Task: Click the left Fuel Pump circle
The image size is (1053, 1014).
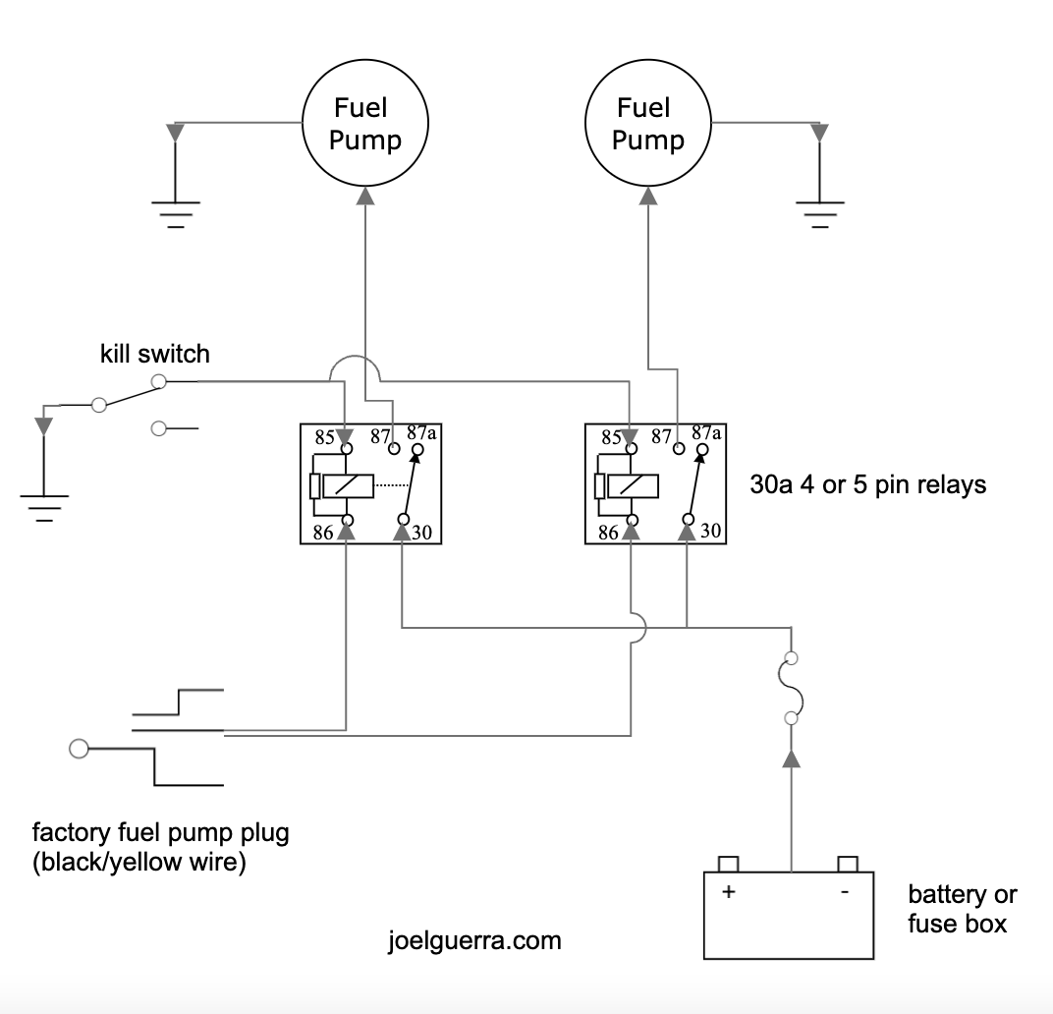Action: point(364,124)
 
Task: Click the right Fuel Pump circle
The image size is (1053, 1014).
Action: point(647,124)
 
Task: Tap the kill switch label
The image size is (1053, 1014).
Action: point(155,354)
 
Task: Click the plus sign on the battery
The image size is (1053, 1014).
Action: point(729,892)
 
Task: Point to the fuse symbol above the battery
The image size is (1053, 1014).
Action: point(791,688)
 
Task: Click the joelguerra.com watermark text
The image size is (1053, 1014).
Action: point(474,940)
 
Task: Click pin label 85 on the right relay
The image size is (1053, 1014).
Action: point(610,438)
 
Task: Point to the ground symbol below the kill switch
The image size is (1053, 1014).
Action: point(43,504)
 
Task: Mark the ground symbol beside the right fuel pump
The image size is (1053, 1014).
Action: point(819,211)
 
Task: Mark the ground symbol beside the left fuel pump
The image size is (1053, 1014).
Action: point(175,211)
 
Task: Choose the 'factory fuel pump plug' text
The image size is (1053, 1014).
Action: point(161,835)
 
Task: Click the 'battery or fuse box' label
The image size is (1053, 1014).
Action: point(962,909)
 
